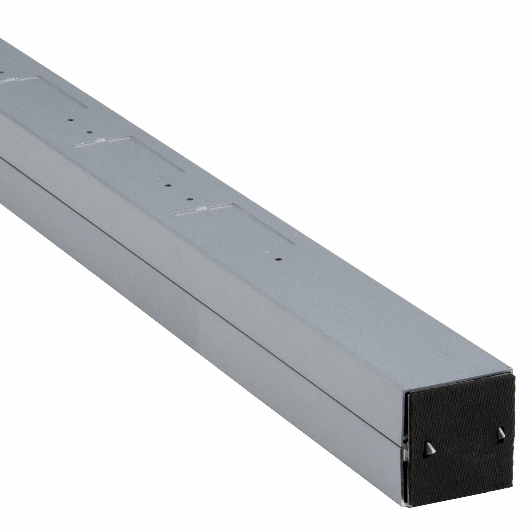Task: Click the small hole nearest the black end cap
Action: tap(279, 259)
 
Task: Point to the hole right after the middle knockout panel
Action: tap(167, 185)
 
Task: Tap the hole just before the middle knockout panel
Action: tap(89, 132)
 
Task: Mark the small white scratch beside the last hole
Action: tap(266, 251)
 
